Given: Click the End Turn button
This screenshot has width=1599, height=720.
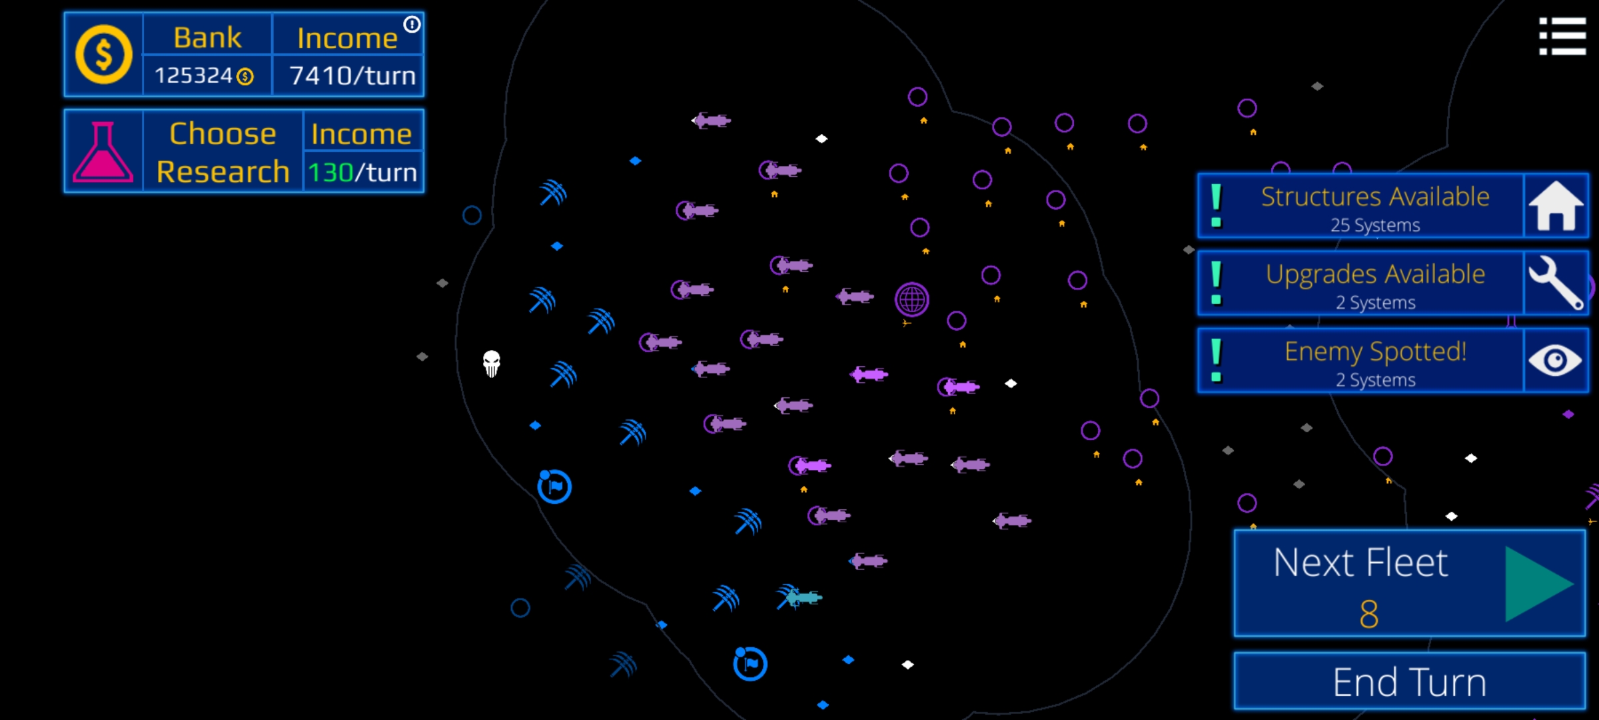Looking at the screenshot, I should point(1409,681).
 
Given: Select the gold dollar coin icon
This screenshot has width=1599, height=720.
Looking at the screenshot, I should point(103,55).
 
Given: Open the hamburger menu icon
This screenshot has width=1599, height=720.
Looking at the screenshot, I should point(1562,36).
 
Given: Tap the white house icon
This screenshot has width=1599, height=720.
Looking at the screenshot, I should point(1555,206).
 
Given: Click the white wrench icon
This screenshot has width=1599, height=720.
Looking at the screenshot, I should point(1555,283).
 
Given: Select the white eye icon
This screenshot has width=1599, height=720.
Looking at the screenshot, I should point(1555,361).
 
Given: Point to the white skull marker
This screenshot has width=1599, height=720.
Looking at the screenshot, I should point(492,363).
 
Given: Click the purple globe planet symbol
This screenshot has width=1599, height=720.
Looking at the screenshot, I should point(911,299).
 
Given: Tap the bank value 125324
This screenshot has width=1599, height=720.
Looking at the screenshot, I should point(194,76).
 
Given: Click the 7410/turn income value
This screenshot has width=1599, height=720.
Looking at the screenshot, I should point(352,76).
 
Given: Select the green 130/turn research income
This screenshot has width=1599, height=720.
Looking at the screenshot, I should point(362,173).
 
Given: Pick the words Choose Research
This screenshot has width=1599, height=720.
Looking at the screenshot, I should point(223,152).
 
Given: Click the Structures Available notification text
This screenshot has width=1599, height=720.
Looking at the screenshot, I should point(1374,197).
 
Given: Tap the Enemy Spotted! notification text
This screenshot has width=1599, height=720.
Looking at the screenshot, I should point(1375,352).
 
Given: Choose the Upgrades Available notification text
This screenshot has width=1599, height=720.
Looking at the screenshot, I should point(1375,275).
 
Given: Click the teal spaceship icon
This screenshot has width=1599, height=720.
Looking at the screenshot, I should point(804,597).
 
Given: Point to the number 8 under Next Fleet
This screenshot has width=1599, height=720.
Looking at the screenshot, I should point(1368,614).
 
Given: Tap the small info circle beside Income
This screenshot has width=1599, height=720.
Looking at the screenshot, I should point(412,25).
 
